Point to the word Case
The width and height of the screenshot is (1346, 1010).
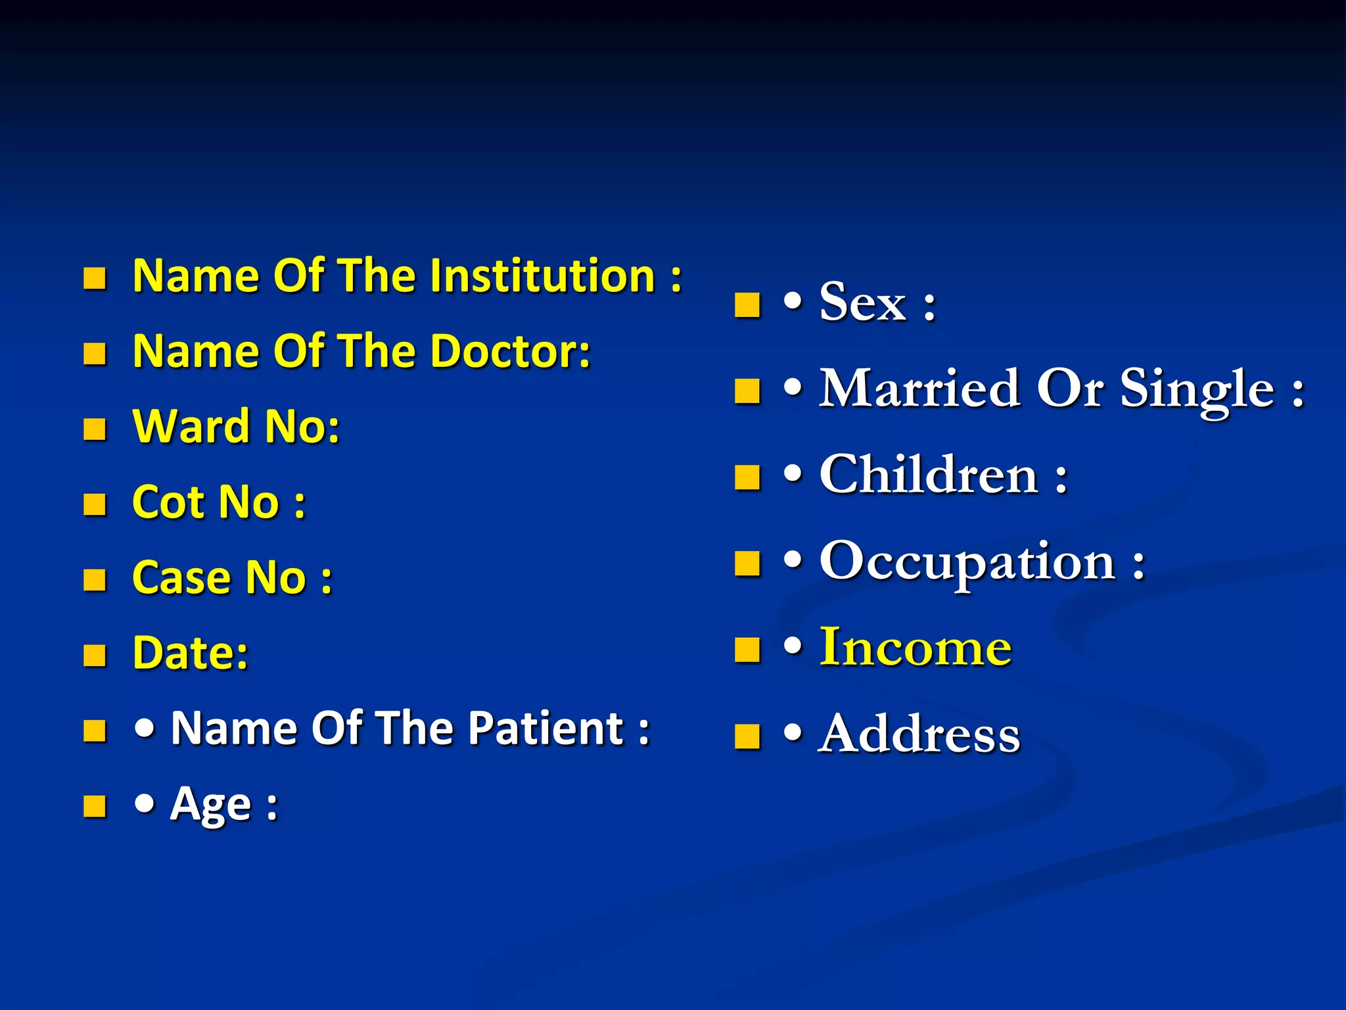point(181,578)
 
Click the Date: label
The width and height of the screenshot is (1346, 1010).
point(191,654)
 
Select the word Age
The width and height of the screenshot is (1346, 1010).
point(210,805)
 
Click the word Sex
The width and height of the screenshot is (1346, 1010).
point(862,302)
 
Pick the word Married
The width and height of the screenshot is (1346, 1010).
point(919,389)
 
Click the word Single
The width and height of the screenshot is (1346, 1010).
point(1196,390)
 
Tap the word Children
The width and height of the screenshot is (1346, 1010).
point(928,475)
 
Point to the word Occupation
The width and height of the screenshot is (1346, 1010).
point(967,562)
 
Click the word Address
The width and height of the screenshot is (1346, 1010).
point(919,734)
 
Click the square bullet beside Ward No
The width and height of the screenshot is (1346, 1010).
point(95,429)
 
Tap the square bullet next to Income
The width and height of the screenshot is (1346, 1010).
point(747,650)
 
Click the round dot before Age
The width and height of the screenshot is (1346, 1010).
point(145,803)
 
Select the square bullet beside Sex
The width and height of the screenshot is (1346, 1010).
point(747,305)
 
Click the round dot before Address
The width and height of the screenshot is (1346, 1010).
point(793,733)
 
